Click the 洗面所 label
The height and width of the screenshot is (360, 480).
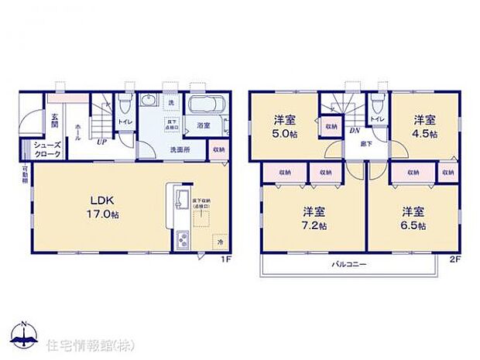click(181, 149)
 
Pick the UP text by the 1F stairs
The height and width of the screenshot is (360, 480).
click(101, 142)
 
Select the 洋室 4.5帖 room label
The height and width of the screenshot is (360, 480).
click(423, 126)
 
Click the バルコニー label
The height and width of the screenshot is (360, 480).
click(351, 264)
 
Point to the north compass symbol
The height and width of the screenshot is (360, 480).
click(26, 334)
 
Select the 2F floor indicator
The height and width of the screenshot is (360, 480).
click(454, 260)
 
